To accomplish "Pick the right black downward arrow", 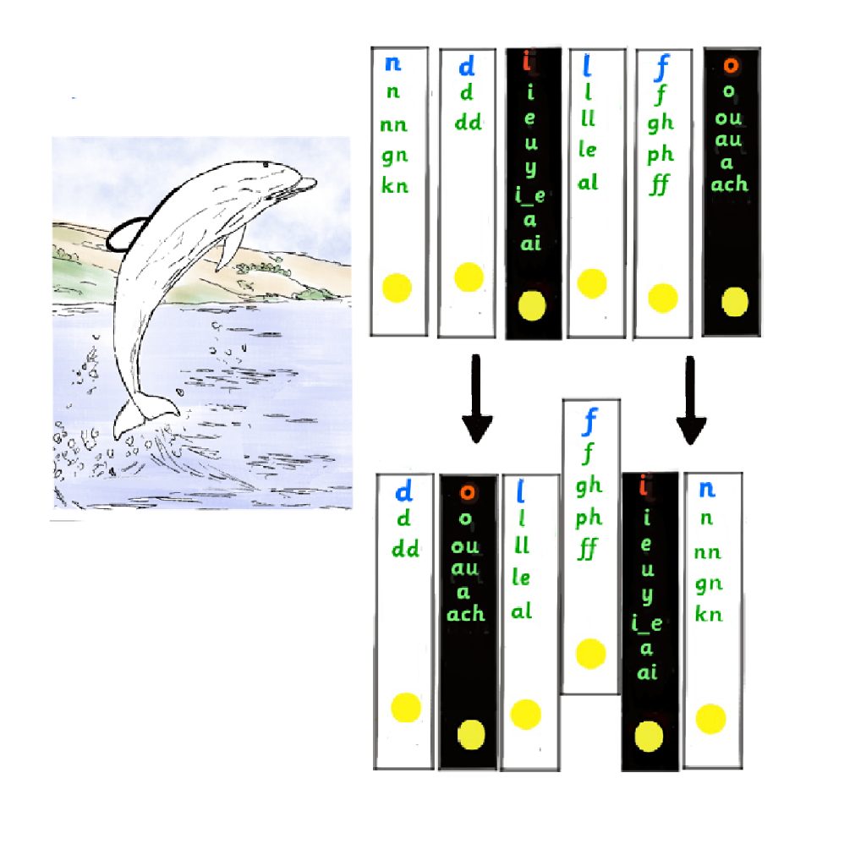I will click(692, 400).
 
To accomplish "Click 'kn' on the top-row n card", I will click(394, 186).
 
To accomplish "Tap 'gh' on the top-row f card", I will click(660, 123).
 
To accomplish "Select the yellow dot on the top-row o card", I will click(735, 300).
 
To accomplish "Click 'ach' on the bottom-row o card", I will click(466, 614).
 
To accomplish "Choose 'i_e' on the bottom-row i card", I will click(647, 625).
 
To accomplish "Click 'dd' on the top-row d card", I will click(468, 123).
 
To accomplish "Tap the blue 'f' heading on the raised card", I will click(590, 419).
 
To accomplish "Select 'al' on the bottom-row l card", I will click(522, 611).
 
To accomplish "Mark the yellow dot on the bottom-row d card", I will click(405, 707).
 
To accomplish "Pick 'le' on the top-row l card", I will click(588, 151).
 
